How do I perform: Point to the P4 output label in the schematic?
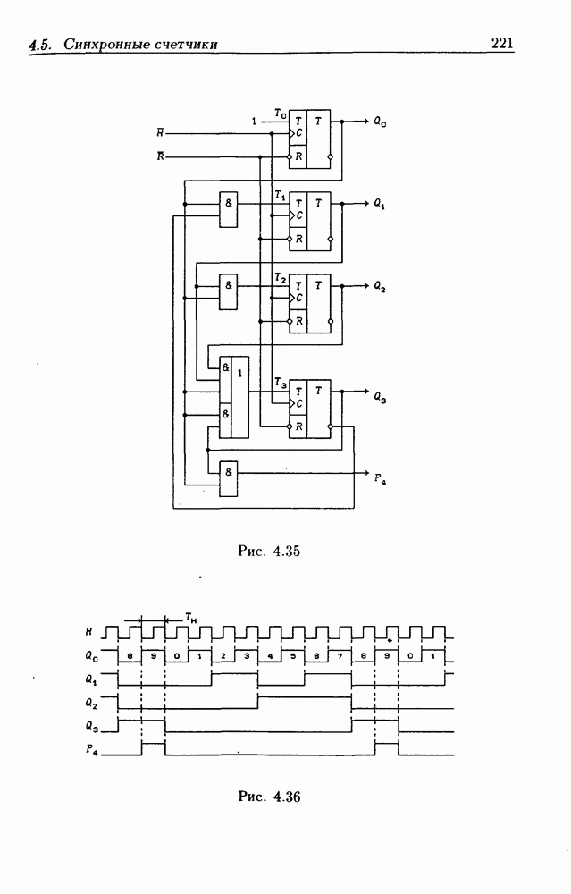[380, 475]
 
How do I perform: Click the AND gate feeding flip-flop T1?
[229, 208]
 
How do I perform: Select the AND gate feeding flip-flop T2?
[229, 291]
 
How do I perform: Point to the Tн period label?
[191, 617]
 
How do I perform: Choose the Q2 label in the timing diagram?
[91, 702]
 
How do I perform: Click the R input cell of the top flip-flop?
[298, 156]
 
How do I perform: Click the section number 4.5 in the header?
[40, 45]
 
